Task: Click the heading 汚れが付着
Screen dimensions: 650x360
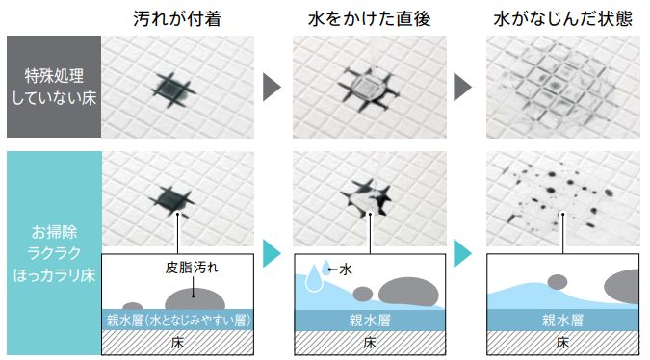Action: click(177, 18)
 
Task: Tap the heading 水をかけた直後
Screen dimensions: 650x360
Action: click(370, 18)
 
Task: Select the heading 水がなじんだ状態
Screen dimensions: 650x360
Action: click(563, 18)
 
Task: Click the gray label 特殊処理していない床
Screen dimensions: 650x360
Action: click(54, 87)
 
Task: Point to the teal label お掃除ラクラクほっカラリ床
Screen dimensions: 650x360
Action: click(54, 253)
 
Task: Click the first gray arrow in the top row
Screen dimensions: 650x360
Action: click(272, 87)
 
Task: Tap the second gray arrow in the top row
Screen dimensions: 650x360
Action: click(462, 87)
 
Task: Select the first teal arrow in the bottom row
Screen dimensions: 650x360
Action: click(272, 253)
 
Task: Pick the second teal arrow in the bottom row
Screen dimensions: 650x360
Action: click(462, 253)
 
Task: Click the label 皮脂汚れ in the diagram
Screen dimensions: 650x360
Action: click(192, 268)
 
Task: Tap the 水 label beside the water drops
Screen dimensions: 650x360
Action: click(346, 270)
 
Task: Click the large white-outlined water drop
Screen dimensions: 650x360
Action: click(314, 277)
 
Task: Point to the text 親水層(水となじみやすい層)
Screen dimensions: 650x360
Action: click(179, 321)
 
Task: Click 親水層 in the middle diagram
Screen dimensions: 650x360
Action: click(370, 321)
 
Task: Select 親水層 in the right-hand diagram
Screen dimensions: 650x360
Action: click(562, 321)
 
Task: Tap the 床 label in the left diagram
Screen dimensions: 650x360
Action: click(177, 343)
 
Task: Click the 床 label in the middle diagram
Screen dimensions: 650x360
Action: click(370, 343)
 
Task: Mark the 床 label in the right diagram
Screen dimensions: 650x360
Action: click(562, 343)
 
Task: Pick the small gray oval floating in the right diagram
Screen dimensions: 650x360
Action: click(558, 282)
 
